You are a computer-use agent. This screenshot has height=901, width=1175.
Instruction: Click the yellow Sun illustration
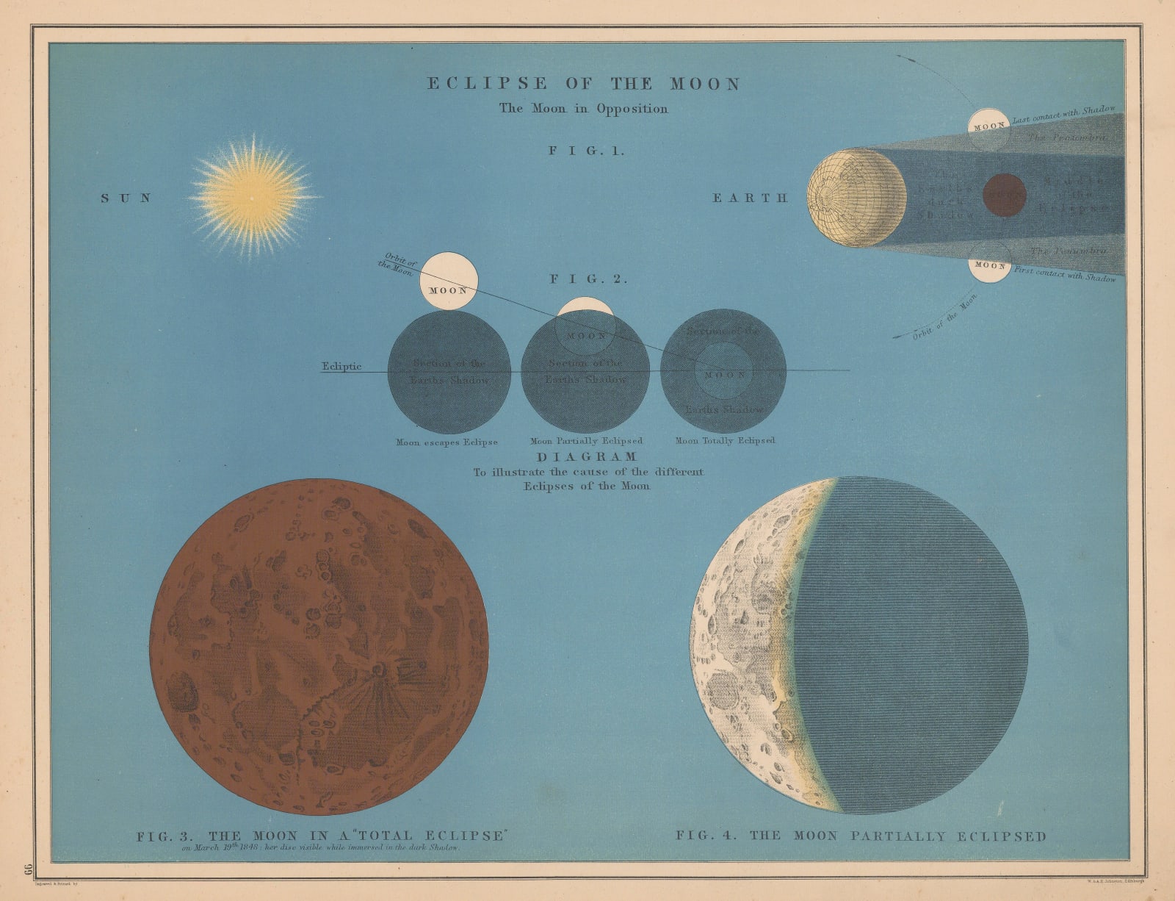[x=252, y=196]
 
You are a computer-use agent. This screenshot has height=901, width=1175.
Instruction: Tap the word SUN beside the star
[x=126, y=198]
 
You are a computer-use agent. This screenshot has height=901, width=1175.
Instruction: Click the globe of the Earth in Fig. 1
[x=856, y=198]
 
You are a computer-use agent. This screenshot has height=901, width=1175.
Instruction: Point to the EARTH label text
[x=750, y=198]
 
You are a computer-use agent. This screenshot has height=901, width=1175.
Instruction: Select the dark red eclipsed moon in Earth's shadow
[x=1004, y=195]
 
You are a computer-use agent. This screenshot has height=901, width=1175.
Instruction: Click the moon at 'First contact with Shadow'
[x=989, y=264]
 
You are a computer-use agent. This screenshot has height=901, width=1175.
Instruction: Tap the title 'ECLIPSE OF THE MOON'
[x=584, y=84]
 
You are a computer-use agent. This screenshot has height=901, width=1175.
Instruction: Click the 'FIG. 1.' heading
[x=586, y=151]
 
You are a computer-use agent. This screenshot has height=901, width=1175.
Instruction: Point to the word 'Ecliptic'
[x=341, y=367]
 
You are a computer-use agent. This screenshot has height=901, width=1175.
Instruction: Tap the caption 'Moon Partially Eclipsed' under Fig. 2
[x=586, y=442]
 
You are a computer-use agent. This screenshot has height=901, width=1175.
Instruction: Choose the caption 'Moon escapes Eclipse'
[x=446, y=442]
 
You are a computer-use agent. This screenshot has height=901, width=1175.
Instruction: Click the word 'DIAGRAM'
[x=587, y=457]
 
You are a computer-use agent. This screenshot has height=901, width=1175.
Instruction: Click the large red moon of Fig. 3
[x=319, y=647]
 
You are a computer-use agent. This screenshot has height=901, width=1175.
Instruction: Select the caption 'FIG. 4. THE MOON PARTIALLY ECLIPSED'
[x=861, y=836]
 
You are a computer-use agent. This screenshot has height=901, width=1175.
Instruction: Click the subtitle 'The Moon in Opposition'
[x=584, y=109]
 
